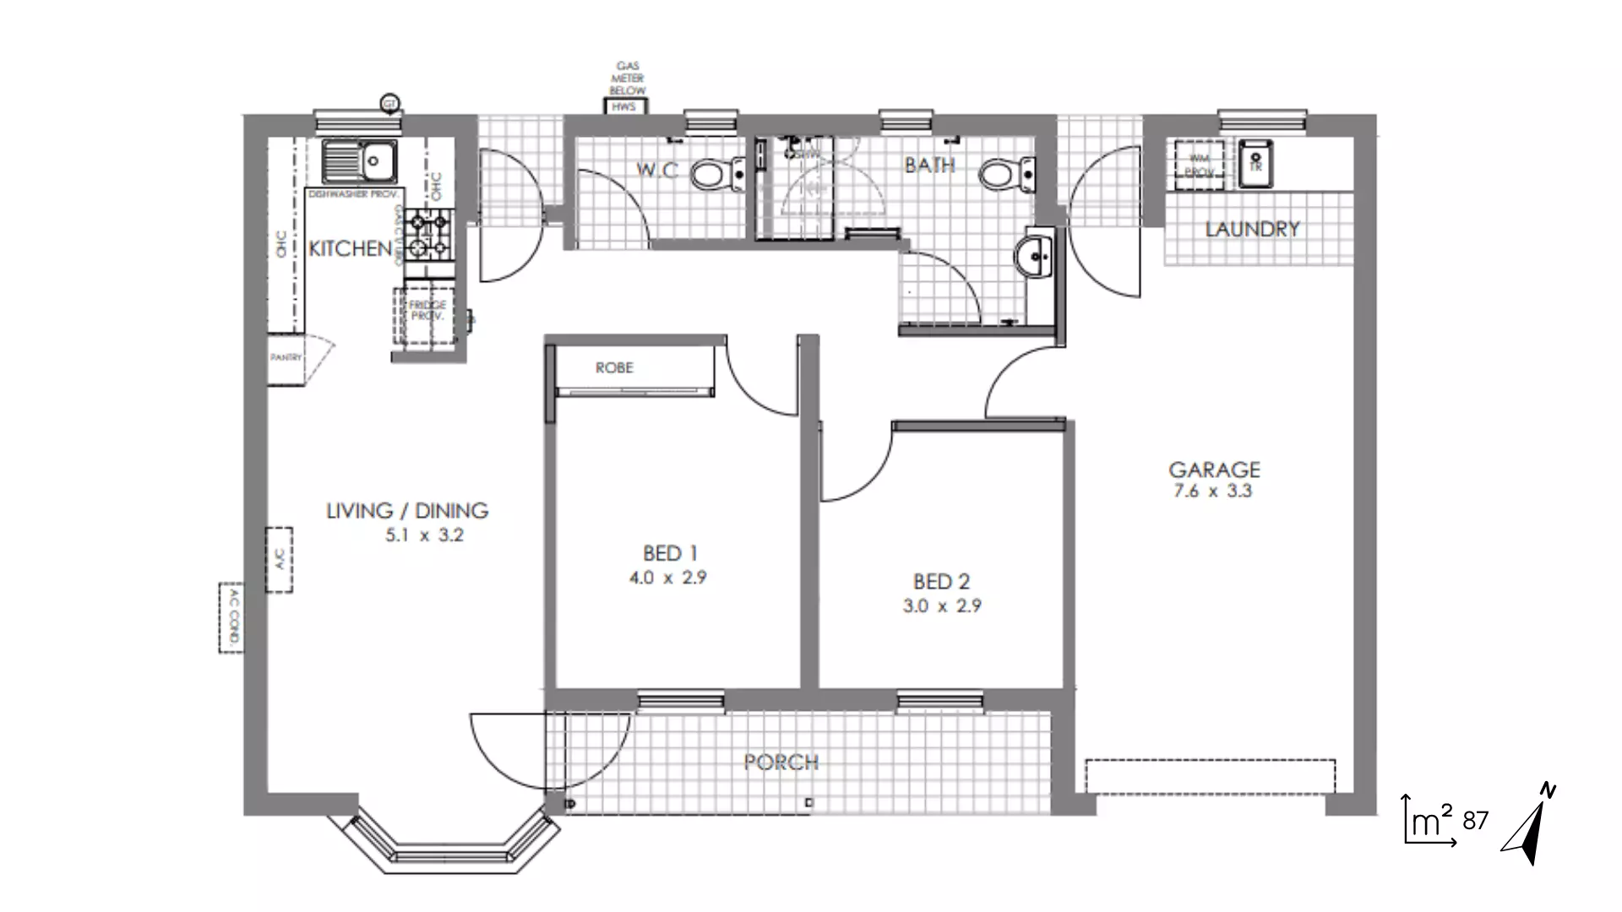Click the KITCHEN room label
click(x=350, y=249)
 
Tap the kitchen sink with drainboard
click(x=362, y=161)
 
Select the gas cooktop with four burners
click(x=428, y=235)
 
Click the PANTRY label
click(x=286, y=358)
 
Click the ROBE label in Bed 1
click(x=614, y=368)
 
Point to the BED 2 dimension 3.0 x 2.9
click(x=942, y=606)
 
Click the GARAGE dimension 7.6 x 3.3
click(x=1212, y=491)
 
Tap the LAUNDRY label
click(x=1252, y=230)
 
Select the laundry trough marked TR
click(x=1255, y=163)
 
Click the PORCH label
click(x=781, y=763)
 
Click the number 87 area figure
click(x=1475, y=821)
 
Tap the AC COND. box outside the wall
click(x=231, y=617)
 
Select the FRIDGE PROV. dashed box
click(x=426, y=315)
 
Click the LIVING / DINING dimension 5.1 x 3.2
click(x=424, y=535)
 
